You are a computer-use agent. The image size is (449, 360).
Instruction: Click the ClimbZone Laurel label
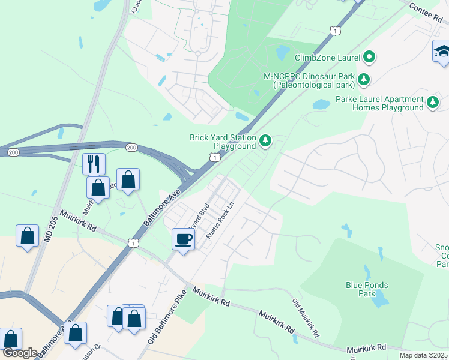327,58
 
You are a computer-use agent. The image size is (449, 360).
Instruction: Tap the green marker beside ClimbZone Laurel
370,58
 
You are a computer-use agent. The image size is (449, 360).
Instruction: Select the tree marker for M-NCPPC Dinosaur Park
363,79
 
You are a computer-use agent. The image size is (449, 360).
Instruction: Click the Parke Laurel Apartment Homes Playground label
379,103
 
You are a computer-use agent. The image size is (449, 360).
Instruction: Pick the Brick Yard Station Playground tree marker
265,142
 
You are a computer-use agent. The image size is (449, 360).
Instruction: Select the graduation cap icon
442,51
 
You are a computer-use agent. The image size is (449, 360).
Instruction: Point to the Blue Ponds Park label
367,289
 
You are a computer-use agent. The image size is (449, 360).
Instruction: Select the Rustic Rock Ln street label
220,220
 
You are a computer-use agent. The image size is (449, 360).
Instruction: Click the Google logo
20,353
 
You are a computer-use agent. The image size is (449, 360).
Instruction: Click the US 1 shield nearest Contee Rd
335,29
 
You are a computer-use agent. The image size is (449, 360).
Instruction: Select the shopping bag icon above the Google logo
10,339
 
